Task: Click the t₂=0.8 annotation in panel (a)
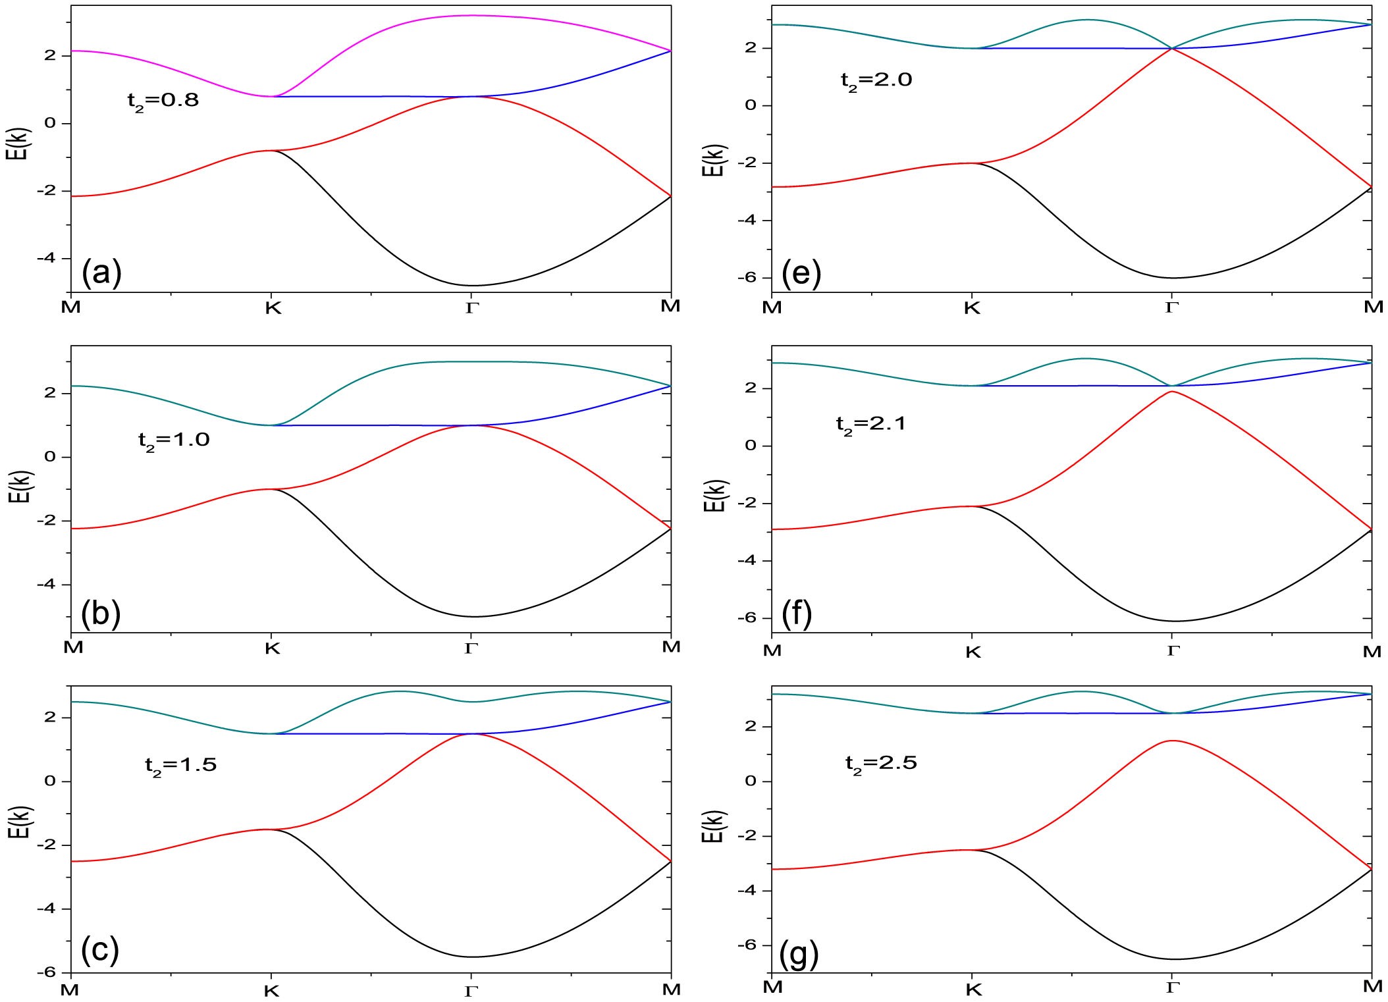click(x=163, y=101)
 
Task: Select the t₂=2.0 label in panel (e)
click(x=876, y=81)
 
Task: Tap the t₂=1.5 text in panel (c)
click(x=180, y=766)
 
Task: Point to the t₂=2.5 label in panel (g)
click(x=881, y=764)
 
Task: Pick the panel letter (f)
click(x=797, y=614)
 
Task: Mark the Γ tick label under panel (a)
click(x=471, y=307)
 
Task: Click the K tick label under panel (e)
click(x=972, y=308)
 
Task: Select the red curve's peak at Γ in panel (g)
click(x=1172, y=741)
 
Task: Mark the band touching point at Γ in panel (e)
click(x=1172, y=48)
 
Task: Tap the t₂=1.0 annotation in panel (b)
click(x=174, y=440)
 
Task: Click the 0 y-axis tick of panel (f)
click(x=751, y=446)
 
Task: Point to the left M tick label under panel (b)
click(x=73, y=647)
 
